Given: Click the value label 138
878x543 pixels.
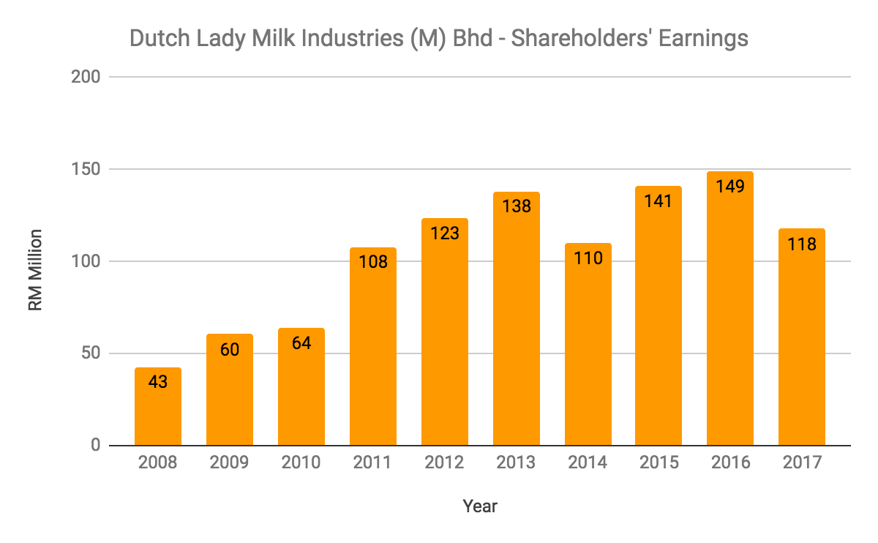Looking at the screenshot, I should (x=516, y=206).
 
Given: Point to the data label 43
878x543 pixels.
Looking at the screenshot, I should (x=157, y=381).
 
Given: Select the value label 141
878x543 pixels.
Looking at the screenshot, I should (x=658, y=200).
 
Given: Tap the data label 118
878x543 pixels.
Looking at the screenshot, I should (x=802, y=243).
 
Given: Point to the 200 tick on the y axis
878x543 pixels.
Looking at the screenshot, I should (x=86, y=77).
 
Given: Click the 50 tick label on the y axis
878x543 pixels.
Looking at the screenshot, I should (x=91, y=353).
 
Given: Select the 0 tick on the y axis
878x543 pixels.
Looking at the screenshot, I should (x=95, y=446).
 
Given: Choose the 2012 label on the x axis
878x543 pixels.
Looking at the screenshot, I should (x=444, y=463).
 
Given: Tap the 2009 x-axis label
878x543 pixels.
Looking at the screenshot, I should (x=229, y=463).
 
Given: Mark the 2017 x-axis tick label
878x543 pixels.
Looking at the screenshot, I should (x=802, y=463).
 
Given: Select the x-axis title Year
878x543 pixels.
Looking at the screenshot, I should (x=480, y=506).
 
